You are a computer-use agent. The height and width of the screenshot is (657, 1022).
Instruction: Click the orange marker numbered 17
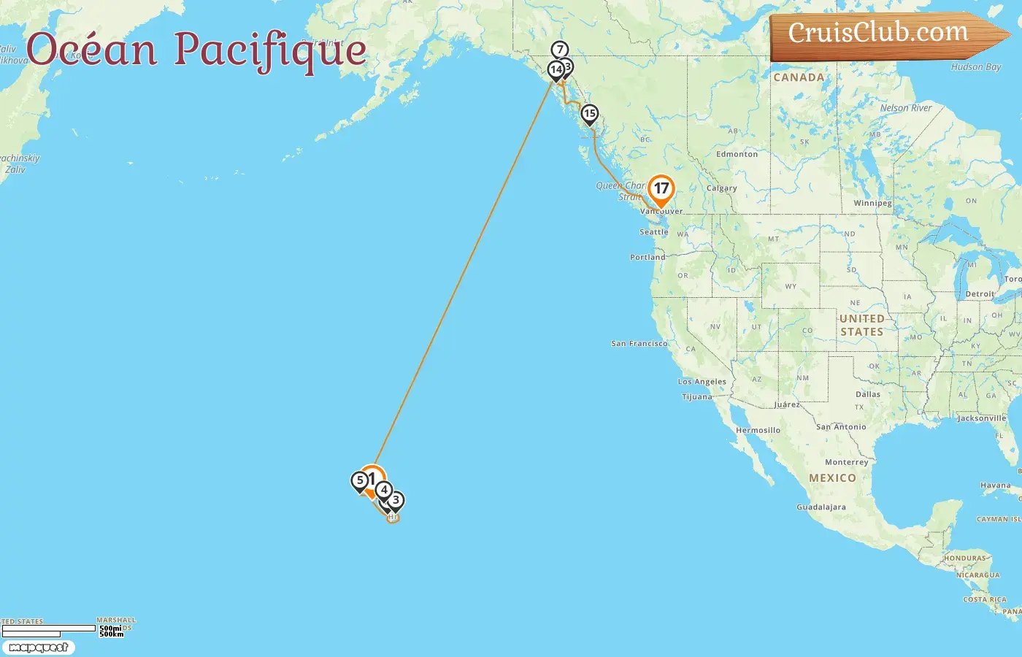661,189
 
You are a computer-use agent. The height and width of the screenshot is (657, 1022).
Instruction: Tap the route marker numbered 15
589,114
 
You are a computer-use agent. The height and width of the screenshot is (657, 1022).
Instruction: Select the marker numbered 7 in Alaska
559,50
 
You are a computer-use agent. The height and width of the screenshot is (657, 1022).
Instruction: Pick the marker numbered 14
556,70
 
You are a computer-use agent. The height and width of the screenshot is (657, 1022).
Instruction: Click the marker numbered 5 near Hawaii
359,481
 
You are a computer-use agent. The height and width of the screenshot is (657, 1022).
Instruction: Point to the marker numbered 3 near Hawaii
396,501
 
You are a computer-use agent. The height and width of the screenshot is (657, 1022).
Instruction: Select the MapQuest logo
38,648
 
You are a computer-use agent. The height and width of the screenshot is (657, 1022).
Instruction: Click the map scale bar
48,629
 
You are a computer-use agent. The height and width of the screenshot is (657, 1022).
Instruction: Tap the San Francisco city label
639,343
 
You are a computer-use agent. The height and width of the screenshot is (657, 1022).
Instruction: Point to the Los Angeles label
702,382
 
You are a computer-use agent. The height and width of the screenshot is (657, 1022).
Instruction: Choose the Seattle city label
653,232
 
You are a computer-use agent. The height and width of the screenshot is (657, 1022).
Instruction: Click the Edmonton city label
737,154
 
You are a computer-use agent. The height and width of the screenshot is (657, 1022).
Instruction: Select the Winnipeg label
872,203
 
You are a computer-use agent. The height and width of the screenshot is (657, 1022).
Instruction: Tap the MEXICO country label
832,478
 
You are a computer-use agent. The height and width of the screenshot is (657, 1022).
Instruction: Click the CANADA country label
799,77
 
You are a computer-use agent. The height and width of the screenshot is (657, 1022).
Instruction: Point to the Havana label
996,485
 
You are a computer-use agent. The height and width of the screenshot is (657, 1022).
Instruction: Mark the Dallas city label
868,394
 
